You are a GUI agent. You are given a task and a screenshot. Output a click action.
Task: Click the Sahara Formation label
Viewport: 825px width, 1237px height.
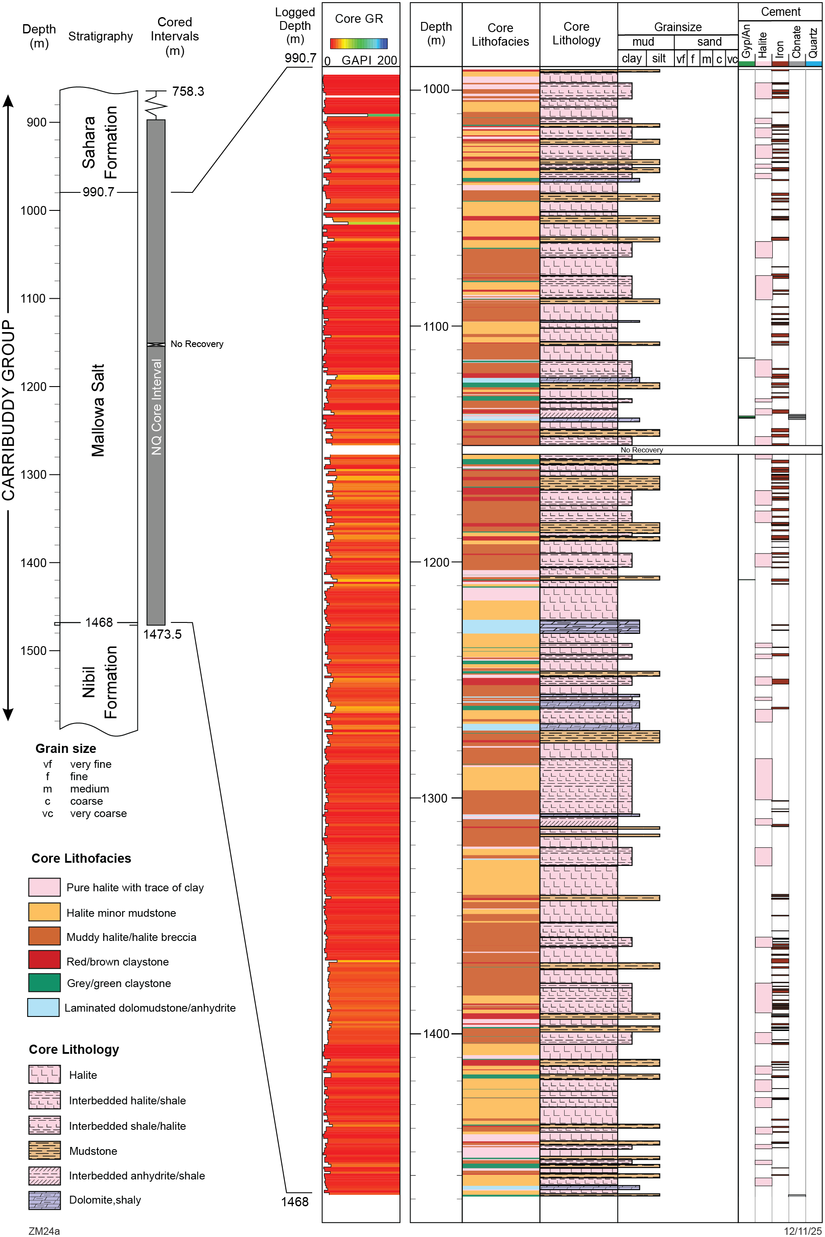(99, 142)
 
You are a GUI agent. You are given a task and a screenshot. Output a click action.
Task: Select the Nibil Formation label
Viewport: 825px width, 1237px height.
(99, 682)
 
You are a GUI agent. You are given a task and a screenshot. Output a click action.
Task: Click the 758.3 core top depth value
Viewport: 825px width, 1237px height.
(188, 92)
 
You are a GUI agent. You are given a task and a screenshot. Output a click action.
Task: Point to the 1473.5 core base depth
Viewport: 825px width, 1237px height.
(162, 634)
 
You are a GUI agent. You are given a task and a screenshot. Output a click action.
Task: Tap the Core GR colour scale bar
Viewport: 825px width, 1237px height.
(359, 43)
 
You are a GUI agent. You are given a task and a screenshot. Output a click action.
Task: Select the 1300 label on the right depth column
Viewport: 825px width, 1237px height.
(434, 798)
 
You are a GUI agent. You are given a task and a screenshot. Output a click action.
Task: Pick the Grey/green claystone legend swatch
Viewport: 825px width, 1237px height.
(44, 983)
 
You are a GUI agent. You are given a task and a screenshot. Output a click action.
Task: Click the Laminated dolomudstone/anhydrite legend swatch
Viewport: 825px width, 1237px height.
(43, 1008)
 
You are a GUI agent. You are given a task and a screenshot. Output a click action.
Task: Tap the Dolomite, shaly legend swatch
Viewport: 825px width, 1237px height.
(44, 1200)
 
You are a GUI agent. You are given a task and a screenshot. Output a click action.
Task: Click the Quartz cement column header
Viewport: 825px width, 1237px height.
(814, 43)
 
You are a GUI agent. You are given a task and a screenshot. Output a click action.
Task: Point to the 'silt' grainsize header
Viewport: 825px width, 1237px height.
(659, 58)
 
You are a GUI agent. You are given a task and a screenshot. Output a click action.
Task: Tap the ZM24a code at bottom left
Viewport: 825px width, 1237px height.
(44, 1231)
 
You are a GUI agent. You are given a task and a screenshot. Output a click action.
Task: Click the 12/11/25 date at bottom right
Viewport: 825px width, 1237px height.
(802, 1231)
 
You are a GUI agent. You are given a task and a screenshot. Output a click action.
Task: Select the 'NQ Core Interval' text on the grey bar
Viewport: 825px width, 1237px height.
(156, 406)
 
